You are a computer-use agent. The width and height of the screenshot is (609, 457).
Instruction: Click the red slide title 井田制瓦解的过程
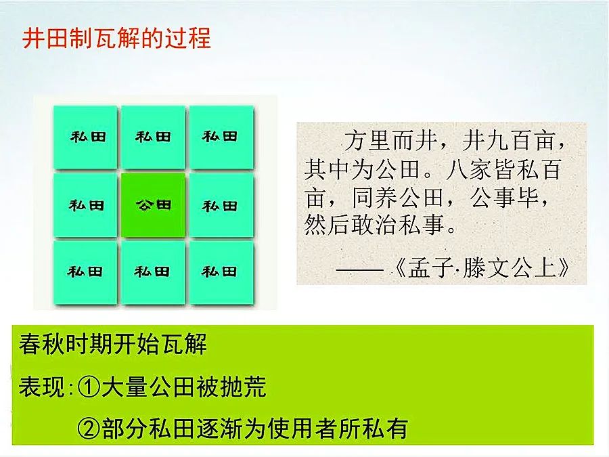click(x=116, y=39)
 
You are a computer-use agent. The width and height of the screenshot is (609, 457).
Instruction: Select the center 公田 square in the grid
click(x=154, y=204)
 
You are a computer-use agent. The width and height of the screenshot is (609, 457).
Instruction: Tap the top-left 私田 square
click(x=85, y=137)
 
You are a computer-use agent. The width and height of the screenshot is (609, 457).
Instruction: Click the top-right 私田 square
click(x=221, y=137)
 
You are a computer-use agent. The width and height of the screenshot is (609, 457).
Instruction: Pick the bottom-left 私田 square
click(x=85, y=272)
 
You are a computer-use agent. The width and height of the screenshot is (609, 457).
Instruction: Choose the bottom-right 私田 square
click(x=221, y=272)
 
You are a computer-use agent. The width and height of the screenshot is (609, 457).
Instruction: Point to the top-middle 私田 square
click(x=154, y=137)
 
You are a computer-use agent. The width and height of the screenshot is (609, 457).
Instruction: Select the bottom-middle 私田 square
click(x=154, y=272)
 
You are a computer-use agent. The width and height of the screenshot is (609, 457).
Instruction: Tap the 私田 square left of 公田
click(x=85, y=204)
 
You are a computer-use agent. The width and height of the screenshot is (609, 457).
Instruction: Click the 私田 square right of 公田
click(x=221, y=204)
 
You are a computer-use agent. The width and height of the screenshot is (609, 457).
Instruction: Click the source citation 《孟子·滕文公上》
click(x=482, y=267)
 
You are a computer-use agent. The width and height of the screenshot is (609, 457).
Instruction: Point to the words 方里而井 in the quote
click(x=392, y=140)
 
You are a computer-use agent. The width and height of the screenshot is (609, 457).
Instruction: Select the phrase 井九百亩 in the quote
click(x=509, y=140)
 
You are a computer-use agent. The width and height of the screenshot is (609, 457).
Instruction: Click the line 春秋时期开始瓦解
click(x=112, y=344)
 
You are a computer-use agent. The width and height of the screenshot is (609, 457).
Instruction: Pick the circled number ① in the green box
click(x=89, y=387)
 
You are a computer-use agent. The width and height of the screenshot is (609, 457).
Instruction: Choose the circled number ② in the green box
click(x=89, y=429)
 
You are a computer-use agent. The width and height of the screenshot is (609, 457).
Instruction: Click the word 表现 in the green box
click(x=41, y=387)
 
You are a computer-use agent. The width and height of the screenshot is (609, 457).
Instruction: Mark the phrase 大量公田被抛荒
click(x=184, y=387)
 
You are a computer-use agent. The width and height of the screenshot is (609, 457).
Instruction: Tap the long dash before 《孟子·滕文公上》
click(x=360, y=269)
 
